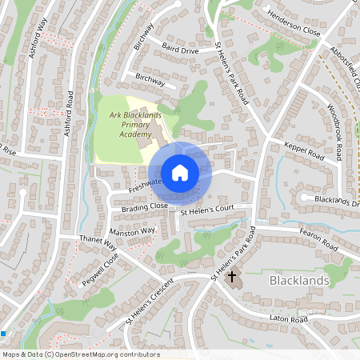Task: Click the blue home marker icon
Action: (x=180, y=173)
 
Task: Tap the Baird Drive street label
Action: (x=179, y=50)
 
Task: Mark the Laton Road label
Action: (x=289, y=319)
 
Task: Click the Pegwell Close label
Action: (x=99, y=271)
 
